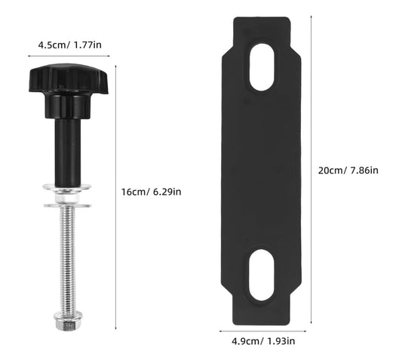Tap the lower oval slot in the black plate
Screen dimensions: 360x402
(262, 272)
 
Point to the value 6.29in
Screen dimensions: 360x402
(168, 192)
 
